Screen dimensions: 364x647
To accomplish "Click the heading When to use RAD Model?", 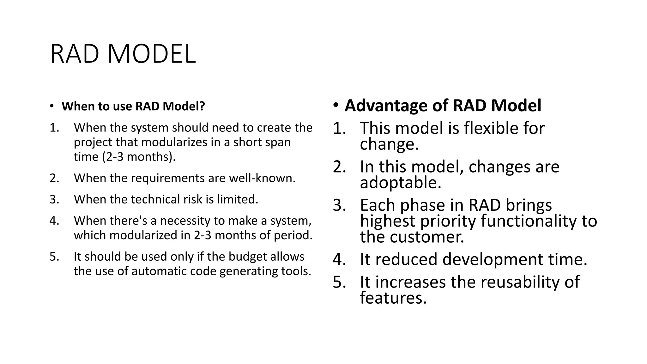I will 133,106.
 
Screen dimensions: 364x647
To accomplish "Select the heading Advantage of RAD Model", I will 443,106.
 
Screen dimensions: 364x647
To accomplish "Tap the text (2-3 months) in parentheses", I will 139,157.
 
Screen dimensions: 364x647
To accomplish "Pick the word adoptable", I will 400,183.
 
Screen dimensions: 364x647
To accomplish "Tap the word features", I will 393,298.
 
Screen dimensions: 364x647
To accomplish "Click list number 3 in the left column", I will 54,199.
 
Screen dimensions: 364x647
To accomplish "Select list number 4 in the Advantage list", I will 339,259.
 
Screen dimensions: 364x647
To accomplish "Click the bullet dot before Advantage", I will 336,105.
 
